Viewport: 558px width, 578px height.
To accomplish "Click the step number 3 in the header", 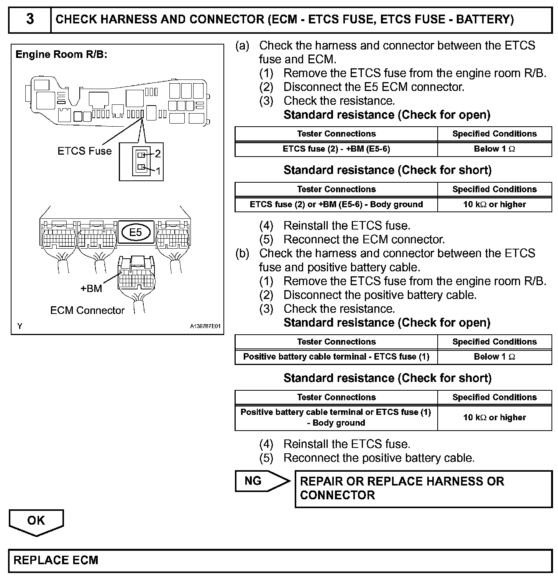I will tap(30, 19).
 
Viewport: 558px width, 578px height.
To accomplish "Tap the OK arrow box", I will tap(36, 521).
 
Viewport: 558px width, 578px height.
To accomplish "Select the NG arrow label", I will tap(253, 481).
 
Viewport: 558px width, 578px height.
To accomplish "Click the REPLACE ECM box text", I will tap(56, 560).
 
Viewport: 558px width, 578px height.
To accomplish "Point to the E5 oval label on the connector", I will tap(136, 232).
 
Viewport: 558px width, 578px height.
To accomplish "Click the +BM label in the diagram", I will tap(91, 289).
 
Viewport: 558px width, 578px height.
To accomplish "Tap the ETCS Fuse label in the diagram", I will tap(84, 151).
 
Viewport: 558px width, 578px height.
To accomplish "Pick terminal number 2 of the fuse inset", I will tap(158, 154).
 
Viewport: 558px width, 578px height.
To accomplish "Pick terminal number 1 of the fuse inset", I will tap(158, 171).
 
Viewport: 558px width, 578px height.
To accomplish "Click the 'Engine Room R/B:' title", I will tap(61, 54).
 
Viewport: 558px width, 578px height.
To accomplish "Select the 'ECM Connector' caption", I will tap(87, 310).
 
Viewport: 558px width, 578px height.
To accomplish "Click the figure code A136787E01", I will tap(205, 326).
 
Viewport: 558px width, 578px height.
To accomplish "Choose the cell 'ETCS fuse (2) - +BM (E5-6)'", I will tap(336, 149).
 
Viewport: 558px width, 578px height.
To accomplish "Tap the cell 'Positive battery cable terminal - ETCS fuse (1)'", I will tap(336, 357).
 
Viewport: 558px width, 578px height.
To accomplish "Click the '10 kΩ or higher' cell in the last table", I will tap(494, 417).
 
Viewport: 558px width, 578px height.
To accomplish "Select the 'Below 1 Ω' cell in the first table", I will tap(494, 149).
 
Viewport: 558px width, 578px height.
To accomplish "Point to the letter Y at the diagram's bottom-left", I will tap(20, 326).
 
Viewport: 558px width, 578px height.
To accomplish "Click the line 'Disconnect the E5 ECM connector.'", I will tap(374, 87).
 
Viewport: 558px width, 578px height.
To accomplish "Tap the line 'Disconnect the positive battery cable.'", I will tap(380, 295).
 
